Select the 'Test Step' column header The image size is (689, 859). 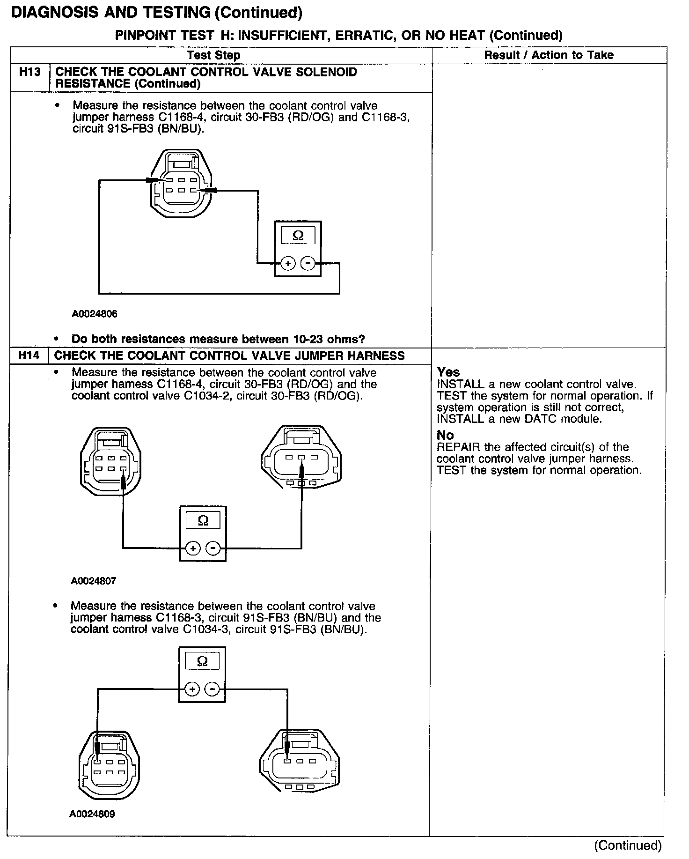click(213, 55)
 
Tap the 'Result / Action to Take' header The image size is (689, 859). click(549, 55)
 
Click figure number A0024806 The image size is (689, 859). click(95, 314)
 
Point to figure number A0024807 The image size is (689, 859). click(94, 581)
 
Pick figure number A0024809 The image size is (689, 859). click(92, 814)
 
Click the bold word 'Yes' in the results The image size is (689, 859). click(448, 372)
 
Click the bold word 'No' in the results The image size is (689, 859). click(445, 435)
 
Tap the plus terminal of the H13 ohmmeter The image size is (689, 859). click(288, 264)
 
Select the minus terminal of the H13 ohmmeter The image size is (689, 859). click(308, 264)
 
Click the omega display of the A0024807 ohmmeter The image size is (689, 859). click(203, 521)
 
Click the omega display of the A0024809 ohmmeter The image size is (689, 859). click(202, 661)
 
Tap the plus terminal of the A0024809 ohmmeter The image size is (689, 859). click(192, 689)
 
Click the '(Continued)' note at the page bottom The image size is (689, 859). click(628, 845)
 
